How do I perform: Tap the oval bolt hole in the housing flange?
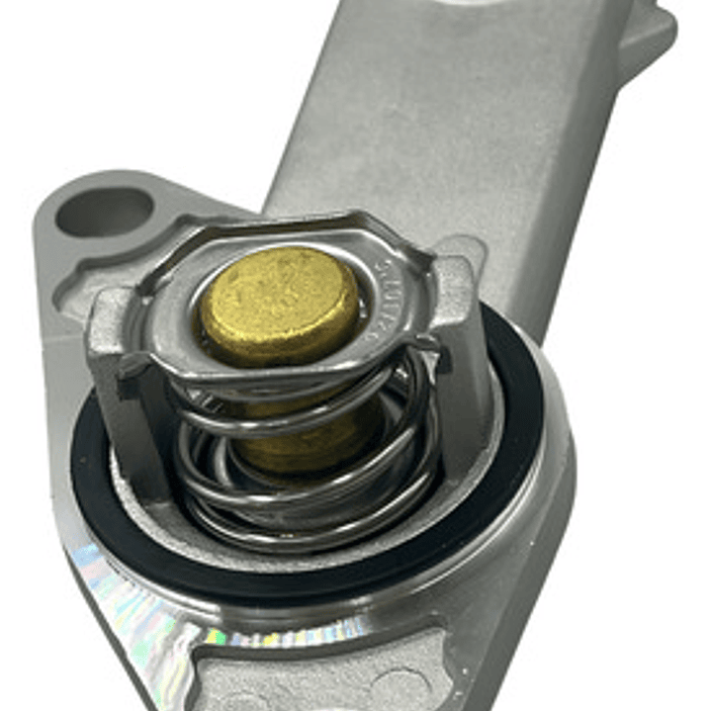(x=105, y=211)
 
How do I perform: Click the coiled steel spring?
(x=307, y=465)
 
